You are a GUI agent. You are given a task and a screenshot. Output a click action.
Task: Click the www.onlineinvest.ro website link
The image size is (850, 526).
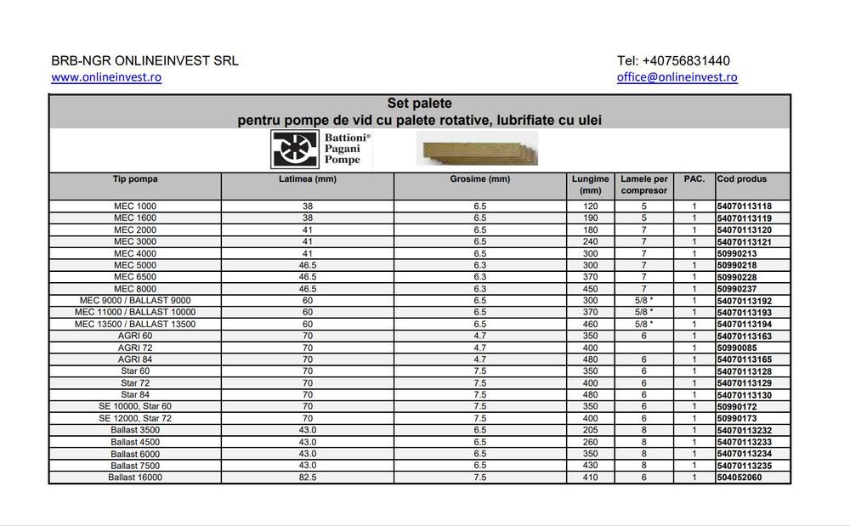tap(106, 77)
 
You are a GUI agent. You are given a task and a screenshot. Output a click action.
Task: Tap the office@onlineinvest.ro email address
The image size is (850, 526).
tap(677, 77)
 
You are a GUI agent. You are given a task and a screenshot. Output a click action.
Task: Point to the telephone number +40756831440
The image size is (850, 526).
tap(673, 60)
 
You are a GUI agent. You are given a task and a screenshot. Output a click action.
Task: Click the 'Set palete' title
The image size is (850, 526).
tap(420, 105)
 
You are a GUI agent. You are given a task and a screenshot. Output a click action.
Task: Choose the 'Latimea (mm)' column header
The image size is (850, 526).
tap(307, 179)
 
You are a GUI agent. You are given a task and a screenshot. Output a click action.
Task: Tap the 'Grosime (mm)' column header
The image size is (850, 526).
tap(479, 179)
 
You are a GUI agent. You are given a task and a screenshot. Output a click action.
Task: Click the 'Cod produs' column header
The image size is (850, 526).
tap(742, 179)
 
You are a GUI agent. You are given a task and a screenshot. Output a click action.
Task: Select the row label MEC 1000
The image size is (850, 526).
tap(135, 206)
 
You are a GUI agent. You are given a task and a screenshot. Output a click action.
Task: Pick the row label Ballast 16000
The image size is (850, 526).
tap(135, 478)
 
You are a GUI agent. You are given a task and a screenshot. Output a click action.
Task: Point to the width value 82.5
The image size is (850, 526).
tap(308, 478)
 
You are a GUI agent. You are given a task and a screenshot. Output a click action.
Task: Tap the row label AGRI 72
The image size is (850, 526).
tap(135, 348)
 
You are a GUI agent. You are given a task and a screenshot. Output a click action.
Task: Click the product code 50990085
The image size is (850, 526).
tap(737, 348)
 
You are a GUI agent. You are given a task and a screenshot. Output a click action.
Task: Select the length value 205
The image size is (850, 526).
tap(591, 430)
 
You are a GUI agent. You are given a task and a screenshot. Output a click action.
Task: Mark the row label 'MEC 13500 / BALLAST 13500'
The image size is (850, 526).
tap(135, 325)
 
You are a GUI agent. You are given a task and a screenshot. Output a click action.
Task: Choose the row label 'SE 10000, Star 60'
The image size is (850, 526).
tap(135, 406)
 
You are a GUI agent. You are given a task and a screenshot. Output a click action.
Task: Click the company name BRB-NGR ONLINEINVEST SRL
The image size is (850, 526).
tap(145, 60)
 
